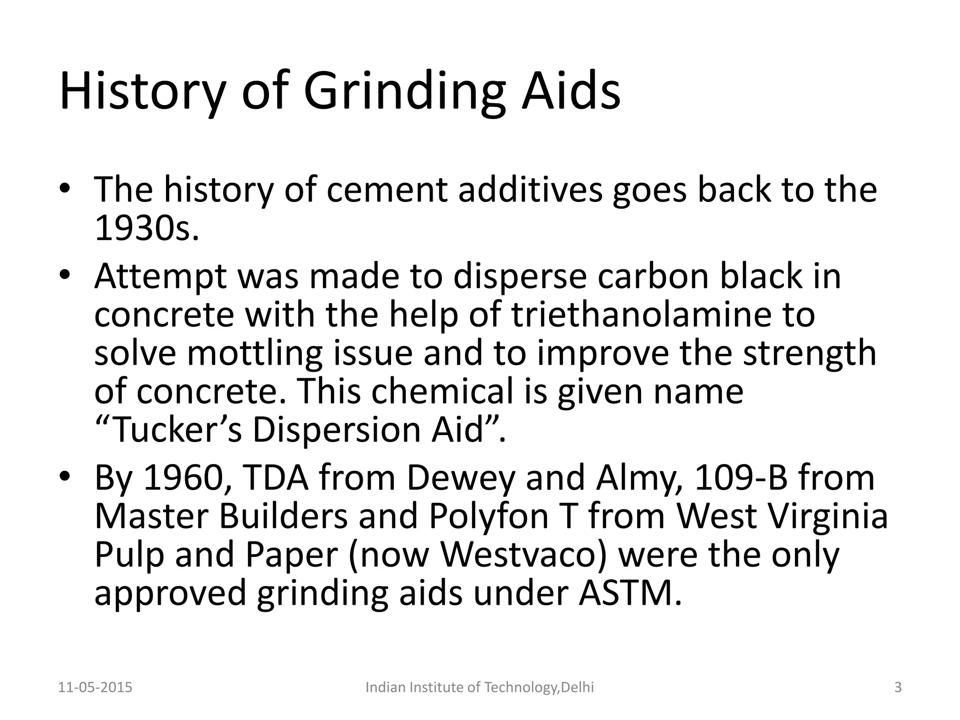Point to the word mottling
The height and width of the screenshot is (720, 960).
pos(255,352)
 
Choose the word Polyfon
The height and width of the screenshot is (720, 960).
pos(488,516)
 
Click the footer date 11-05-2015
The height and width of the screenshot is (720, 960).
pos(95,688)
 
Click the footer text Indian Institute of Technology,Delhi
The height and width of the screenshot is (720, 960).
pos(480,688)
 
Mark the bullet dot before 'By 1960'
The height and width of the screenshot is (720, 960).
pos(65,477)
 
